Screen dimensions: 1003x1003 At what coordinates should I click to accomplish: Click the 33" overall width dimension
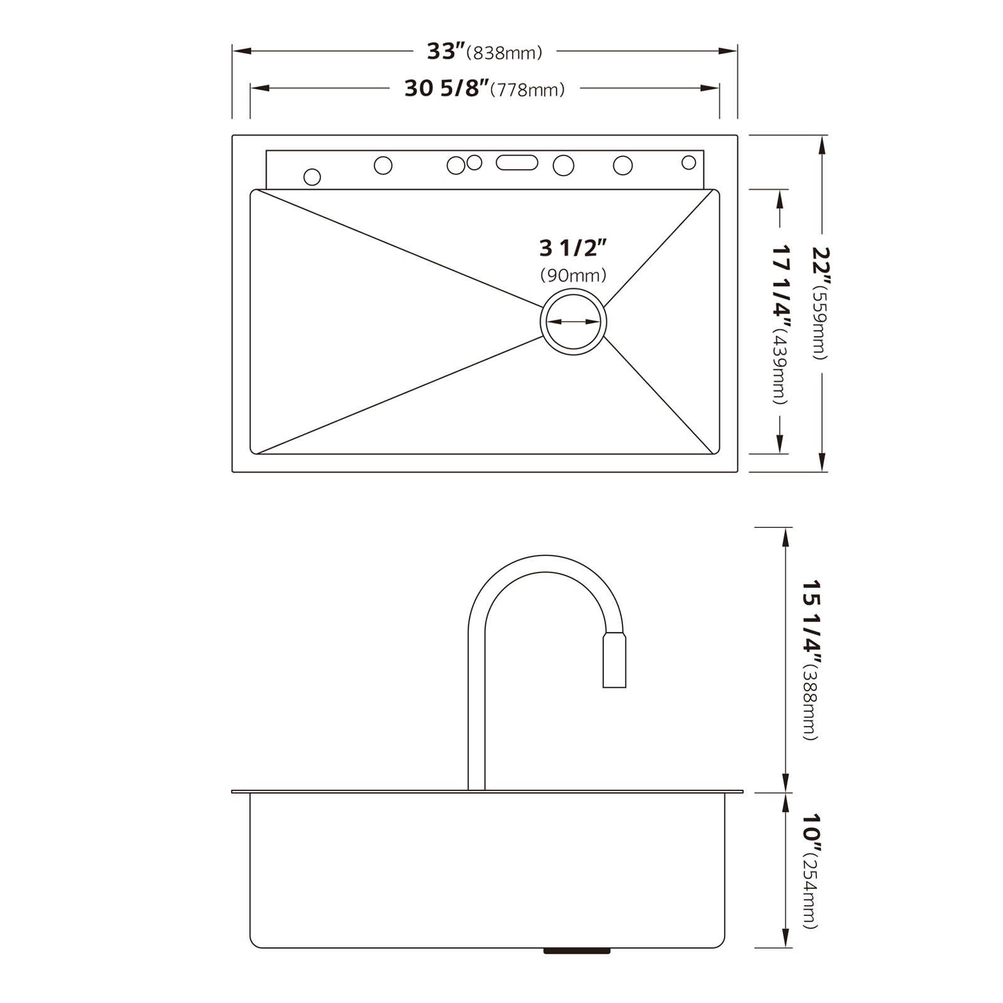point(446,51)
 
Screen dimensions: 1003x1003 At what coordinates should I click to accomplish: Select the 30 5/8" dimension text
point(446,89)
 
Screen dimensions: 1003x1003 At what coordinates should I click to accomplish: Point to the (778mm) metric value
point(527,91)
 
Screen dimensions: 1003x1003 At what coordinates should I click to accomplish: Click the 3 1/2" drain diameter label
point(573,248)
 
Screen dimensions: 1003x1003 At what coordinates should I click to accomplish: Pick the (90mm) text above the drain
point(573,275)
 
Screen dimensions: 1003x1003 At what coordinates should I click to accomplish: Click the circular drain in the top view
point(573,322)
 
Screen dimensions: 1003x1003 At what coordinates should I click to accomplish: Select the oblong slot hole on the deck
point(517,162)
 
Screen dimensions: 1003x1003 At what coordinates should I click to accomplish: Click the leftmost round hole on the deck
point(312,177)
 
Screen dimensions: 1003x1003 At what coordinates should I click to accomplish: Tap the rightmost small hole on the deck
point(688,162)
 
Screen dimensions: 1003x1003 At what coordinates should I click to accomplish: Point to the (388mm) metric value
point(810,705)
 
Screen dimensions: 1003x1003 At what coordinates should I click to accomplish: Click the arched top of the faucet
point(545,563)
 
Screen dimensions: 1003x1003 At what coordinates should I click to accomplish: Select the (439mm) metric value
point(779,369)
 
